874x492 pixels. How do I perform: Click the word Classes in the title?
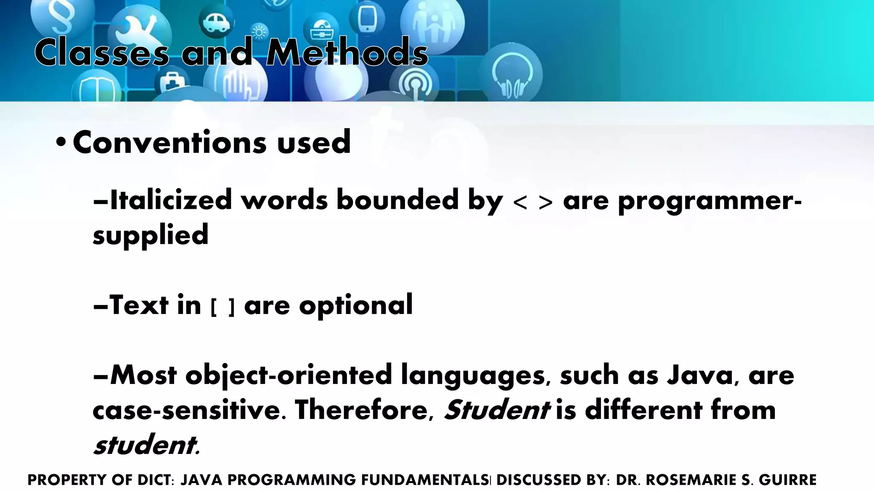click(102, 53)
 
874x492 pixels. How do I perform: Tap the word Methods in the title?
click(347, 53)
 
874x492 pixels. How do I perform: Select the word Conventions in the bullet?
click(170, 142)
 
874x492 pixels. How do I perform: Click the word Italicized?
click(171, 200)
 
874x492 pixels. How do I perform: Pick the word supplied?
click(150, 235)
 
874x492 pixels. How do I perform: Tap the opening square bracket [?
click(213, 307)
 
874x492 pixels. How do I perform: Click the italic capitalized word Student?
click(497, 410)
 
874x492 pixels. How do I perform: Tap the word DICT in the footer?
click(155, 480)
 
